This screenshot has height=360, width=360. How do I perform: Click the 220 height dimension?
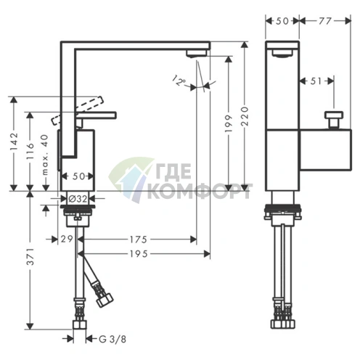pos(245,116)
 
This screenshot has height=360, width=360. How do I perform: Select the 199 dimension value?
pos(229,123)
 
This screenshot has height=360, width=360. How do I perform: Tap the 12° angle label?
pos(180,81)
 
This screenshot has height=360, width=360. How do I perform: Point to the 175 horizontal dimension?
pos(138,240)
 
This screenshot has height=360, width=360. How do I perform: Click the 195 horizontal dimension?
pos(139,254)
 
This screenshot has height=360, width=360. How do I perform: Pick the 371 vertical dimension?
pos(30,256)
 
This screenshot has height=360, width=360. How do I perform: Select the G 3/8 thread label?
pos(112,340)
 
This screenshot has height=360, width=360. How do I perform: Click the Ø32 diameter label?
pos(78,199)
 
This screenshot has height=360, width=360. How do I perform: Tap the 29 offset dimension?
pos(67,239)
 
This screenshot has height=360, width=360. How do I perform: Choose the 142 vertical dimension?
pos(14,141)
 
